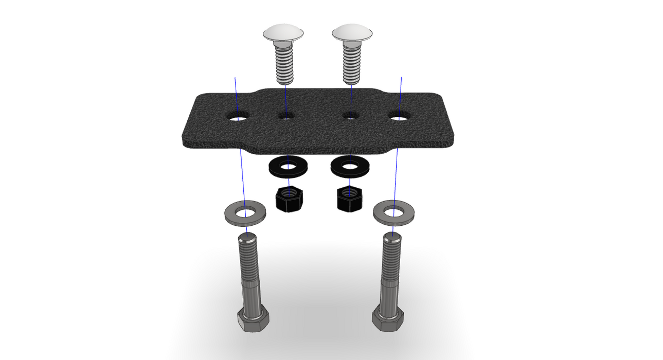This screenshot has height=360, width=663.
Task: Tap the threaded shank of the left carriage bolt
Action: click(x=283, y=64)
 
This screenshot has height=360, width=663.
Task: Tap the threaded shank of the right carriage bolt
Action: click(x=351, y=64)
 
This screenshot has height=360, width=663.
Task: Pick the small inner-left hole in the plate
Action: click(x=286, y=116)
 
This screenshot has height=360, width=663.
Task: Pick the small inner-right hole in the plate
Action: click(x=351, y=116)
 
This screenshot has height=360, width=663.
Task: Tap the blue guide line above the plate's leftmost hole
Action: click(x=236, y=93)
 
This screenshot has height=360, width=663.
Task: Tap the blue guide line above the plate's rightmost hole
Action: click(x=401, y=93)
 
